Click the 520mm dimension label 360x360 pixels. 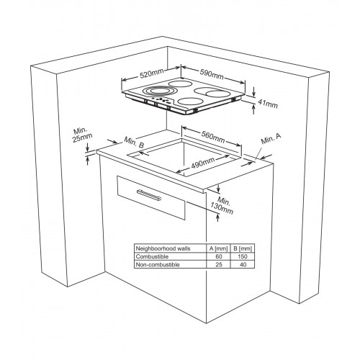tap(151, 73)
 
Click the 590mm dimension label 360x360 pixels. tap(212, 74)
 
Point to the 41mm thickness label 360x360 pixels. tap(268, 104)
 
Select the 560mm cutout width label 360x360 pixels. tap(213, 137)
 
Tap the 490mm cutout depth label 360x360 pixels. tap(203, 163)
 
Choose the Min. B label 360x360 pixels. tap(134, 143)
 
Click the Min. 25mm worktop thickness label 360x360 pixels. tap(83, 135)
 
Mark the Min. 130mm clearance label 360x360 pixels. tap(222, 205)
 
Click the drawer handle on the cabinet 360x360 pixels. tap(149, 194)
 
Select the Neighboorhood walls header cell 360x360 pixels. tap(163, 248)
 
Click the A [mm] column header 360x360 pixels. tap(218, 248)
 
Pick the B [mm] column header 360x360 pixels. tap(243, 248)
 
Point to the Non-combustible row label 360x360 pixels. tap(158, 265)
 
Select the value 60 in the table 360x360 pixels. tap(219, 256)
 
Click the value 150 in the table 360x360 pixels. tap(243, 256)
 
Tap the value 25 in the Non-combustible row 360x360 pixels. tap(219, 265)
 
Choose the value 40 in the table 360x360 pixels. tap(243, 265)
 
